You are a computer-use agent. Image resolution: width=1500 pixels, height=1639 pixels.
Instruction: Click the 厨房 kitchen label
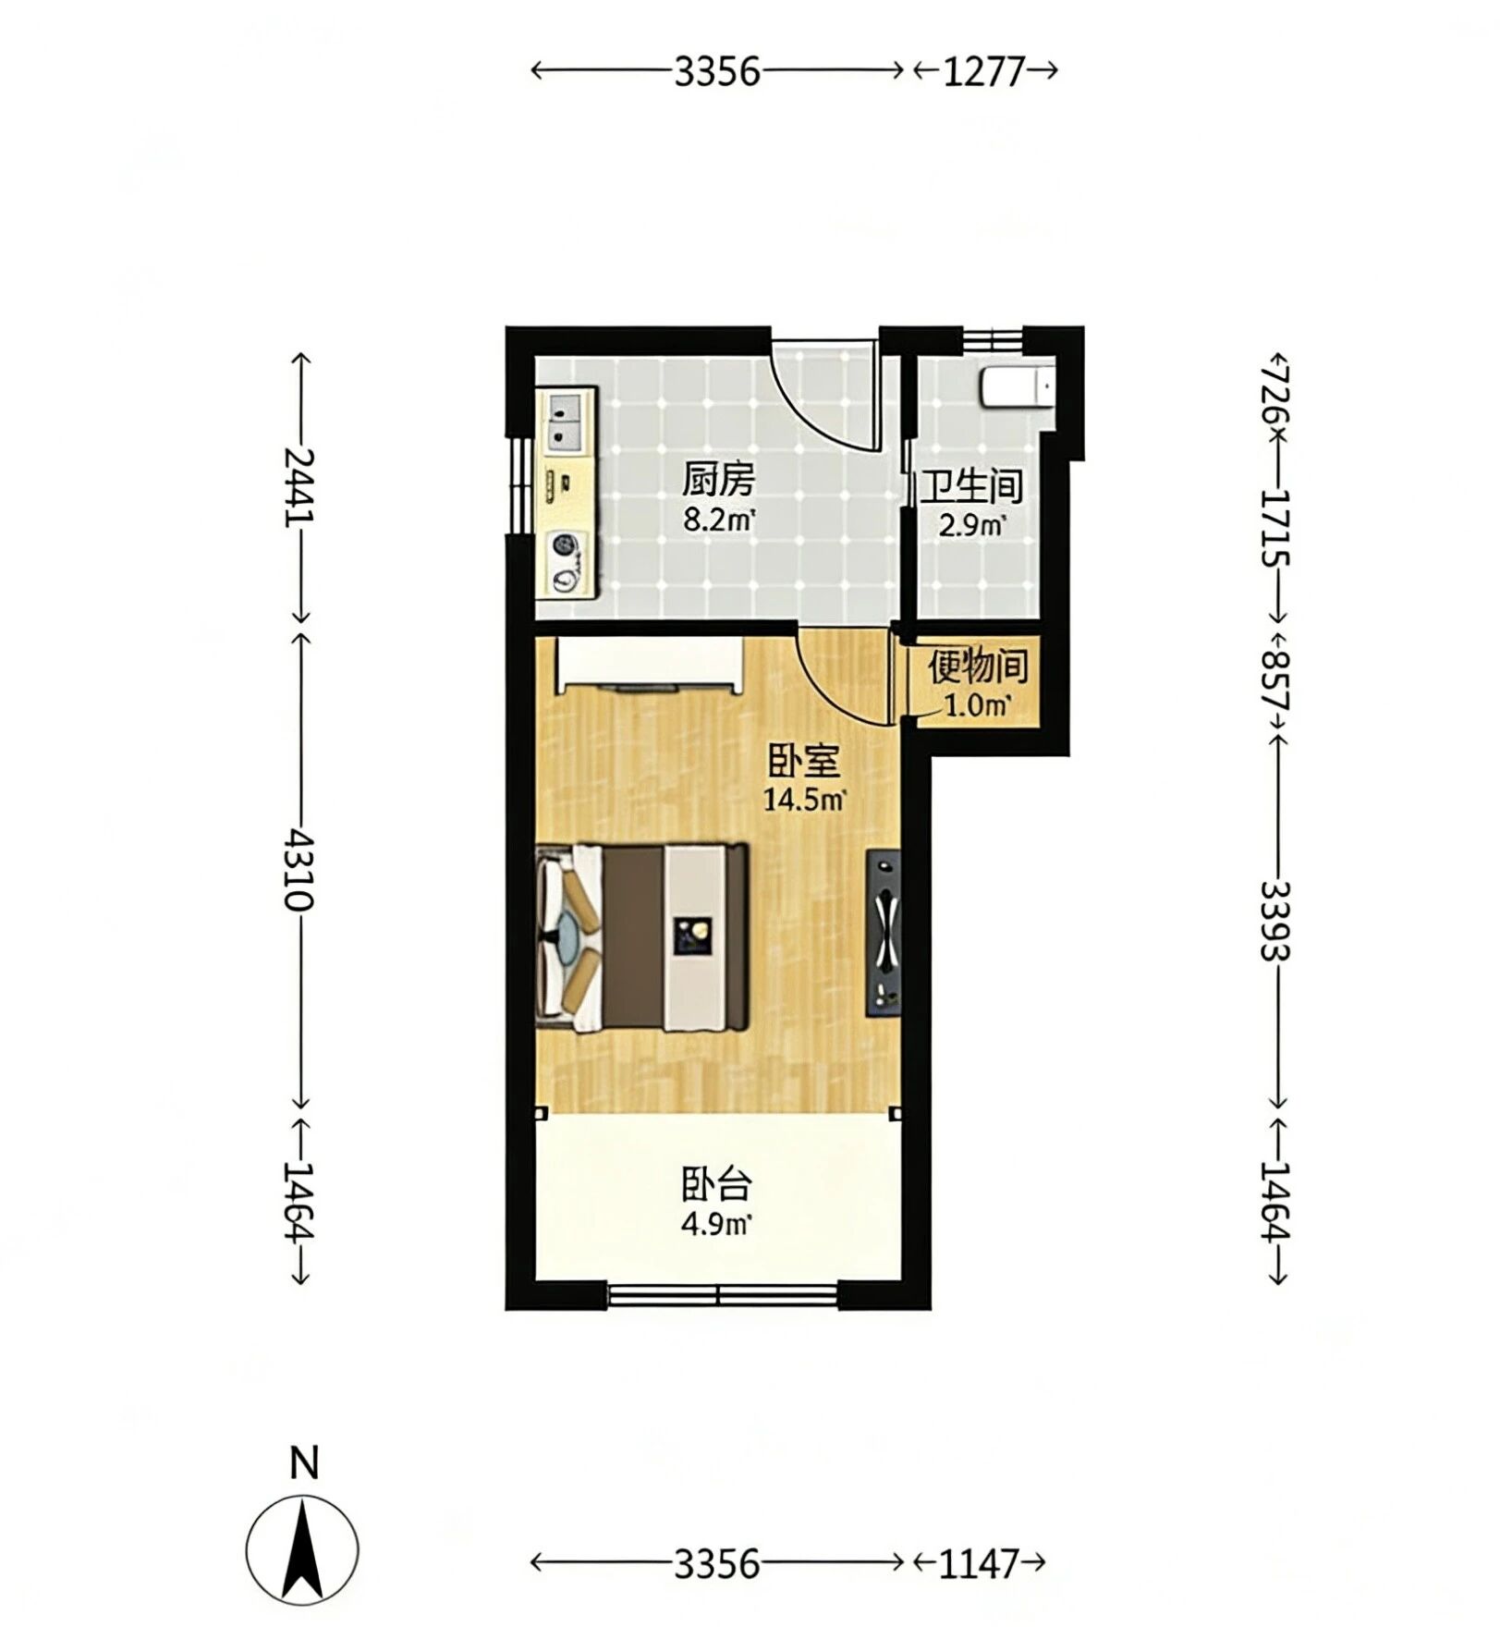click(x=718, y=480)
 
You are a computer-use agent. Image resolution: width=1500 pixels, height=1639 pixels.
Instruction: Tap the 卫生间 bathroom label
click(x=972, y=486)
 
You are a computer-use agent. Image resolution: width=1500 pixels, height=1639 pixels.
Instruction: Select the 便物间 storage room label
click(x=978, y=667)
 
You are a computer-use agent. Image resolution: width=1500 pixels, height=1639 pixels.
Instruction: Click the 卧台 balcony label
click(x=716, y=1184)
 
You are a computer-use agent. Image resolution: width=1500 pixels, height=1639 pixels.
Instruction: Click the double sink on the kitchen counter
click(x=567, y=421)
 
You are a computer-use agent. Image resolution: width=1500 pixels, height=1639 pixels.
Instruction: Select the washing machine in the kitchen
click(x=567, y=563)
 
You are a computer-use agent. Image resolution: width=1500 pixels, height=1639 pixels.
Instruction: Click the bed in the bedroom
click(x=642, y=937)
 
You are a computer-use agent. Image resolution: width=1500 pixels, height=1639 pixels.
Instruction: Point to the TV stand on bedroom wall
click(x=883, y=934)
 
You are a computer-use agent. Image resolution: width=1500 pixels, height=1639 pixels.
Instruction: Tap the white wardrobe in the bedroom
click(x=649, y=664)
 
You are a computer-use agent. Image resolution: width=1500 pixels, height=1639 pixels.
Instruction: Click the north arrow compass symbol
click(x=302, y=1549)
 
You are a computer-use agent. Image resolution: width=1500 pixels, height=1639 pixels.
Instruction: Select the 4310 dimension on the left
click(x=299, y=869)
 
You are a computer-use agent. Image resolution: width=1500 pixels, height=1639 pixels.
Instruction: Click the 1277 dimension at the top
click(x=984, y=71)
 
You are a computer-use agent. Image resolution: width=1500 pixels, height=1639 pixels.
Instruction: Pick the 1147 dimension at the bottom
click(x=979, y=1564)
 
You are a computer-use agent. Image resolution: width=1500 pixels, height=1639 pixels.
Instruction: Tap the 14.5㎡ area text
click(x=804, y=800)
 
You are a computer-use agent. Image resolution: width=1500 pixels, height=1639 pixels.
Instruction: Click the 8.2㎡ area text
click(x=719, y=520)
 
